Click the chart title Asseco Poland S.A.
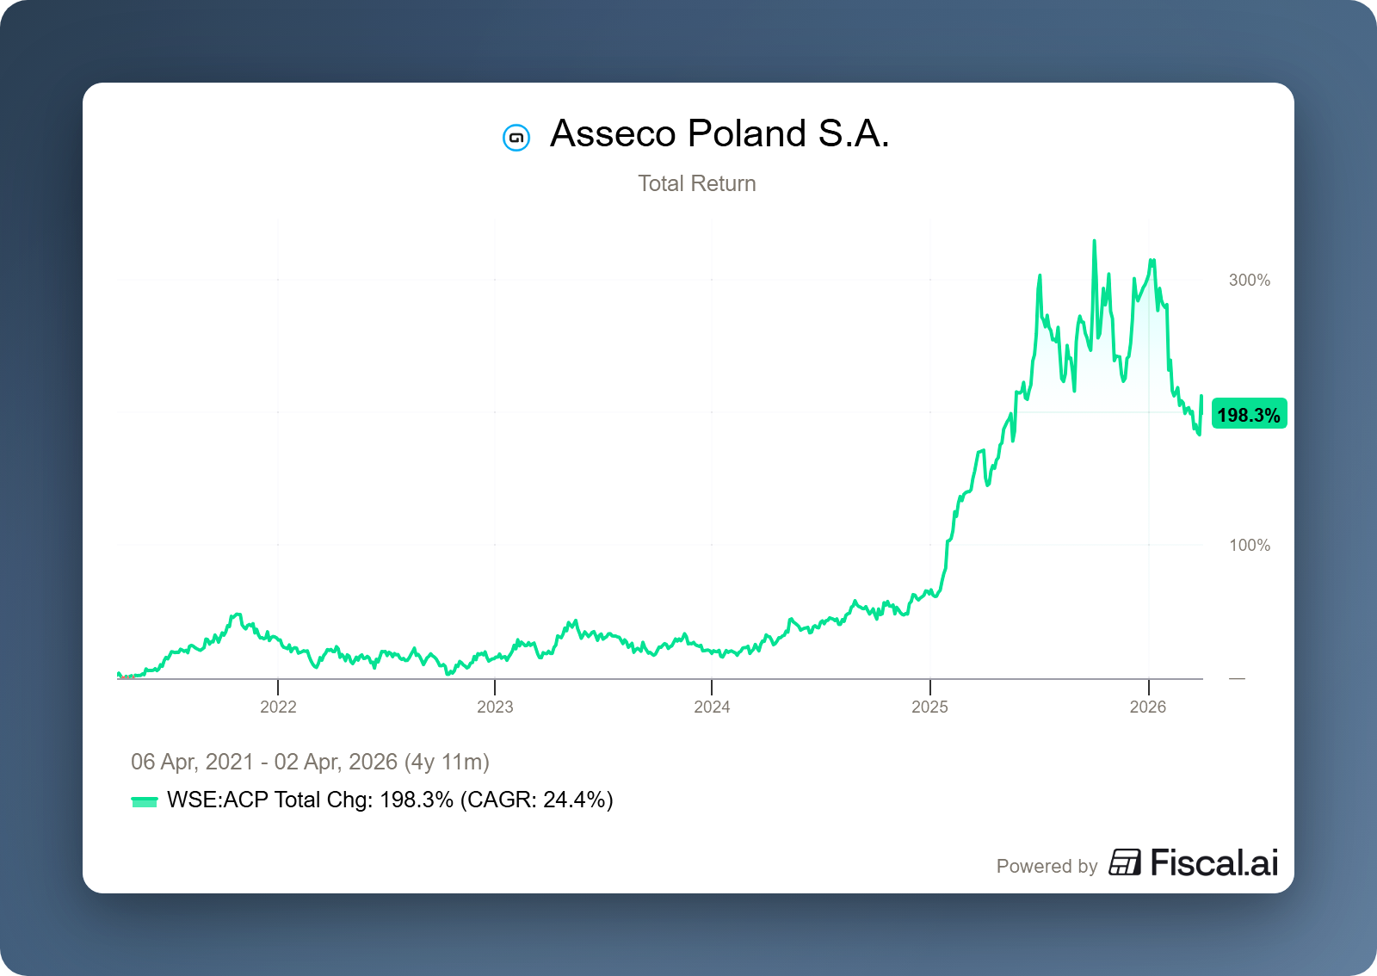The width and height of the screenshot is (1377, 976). pyautogui.click(x=719, y=134)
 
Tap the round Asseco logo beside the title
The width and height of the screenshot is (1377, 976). pyautogui.click(x=516, y=137)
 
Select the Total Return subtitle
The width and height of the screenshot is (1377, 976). pyautogui.click(x=696, y=183)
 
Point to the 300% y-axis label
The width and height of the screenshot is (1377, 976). pyautogui.click(x=1249, y=280)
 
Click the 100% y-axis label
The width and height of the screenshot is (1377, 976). pyautogui.click(x=1249, y=545)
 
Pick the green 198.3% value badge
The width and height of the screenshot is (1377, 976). pyautogui.click(x=1249, y=415)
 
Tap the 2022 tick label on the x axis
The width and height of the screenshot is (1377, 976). pyautogui.click(x=278, y=707)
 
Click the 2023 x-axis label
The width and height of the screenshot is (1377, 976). pyautogui.click(x=495, y=707)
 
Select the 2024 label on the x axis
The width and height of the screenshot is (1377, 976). pyautogui.click(x=712, y=707)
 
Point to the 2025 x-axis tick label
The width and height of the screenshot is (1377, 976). pyautogui.click(x=929, y=707)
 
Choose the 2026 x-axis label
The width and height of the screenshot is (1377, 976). pyautogui.click(x=1147, y=707)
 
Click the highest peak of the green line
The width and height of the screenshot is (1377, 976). pyautogui.click(x=1094, y=242)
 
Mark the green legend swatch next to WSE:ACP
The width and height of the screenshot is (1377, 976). pyautogui.click(x=144, y=801)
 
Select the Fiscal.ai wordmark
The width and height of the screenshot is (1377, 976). pyautogui.click(x=1213, y=863)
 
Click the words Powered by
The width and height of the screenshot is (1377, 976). pyautogui.click(x=1047, y=866)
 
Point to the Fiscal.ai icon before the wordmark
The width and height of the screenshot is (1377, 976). pyautogui.click(x=1124, y=862)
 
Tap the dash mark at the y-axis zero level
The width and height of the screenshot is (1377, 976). pyautogui.click(x=1237, y=679)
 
